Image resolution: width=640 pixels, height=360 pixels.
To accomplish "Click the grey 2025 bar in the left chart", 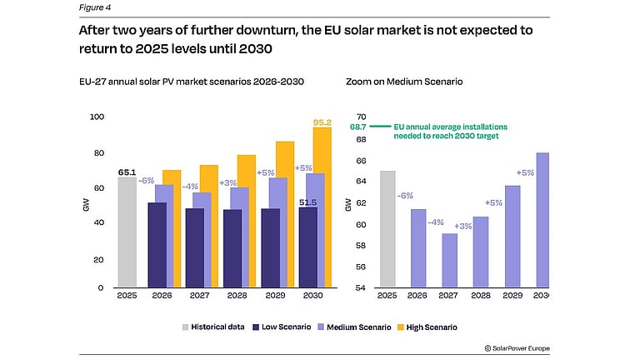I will pyautogui.click(x=127, y=232).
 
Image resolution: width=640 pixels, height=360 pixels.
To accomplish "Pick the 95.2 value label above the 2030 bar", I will pyautogui.click(x=322, y=122).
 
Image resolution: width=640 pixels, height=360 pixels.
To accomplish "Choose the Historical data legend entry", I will pyautogui.click(x=213, y=327).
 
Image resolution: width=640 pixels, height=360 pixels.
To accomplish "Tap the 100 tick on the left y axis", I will pyautogui.click(x=100, y=117).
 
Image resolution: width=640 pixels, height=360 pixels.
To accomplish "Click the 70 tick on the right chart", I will pyautogui.click(x=361, y=117).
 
